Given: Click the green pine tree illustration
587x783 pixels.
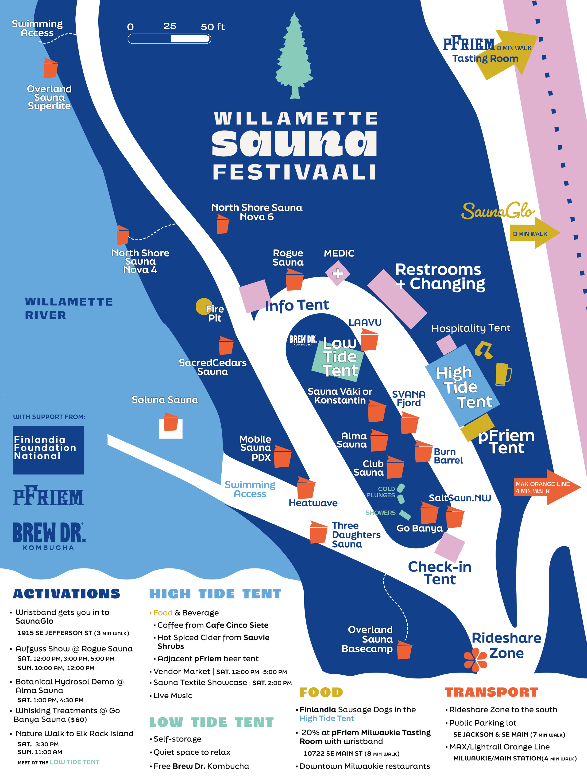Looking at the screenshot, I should tap(294, 58).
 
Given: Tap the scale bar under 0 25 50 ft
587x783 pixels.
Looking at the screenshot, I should tap(170, 39).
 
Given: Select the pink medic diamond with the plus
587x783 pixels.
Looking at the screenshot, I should tap(337, 273).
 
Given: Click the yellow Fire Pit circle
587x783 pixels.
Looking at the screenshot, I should tap(204, 306).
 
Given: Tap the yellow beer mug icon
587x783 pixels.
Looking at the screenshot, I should tap(503, 374).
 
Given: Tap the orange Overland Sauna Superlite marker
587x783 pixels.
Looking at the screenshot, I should tap(50, 68).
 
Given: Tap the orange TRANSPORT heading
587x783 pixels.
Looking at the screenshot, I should tap(491, 692).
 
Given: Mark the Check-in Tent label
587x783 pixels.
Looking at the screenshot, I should tap(440, 573).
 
